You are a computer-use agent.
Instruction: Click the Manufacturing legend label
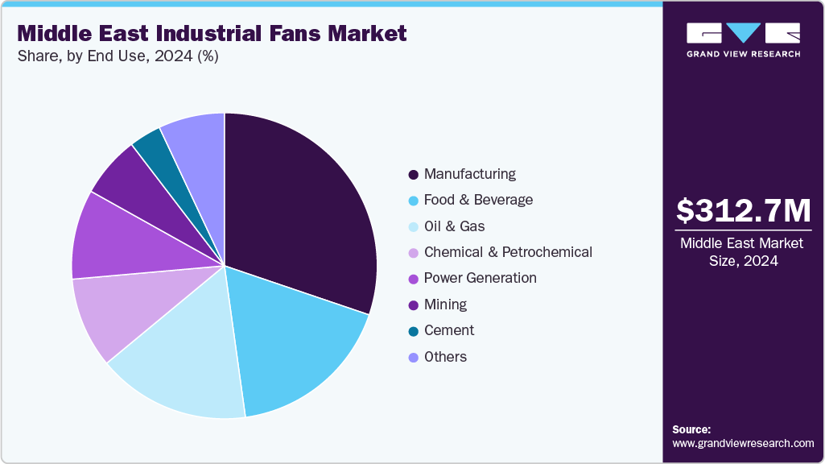[469, 174]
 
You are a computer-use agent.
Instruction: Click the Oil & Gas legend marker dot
[413, 226]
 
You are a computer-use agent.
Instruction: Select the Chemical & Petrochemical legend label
[508, 252]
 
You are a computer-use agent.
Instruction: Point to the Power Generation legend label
[480, 278]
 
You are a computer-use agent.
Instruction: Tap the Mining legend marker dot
[413, 304]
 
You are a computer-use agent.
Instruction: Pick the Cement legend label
[448, 330]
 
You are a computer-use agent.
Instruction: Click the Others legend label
[445, 357]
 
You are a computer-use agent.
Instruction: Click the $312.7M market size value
[743, 210]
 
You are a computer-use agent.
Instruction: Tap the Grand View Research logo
[743, 39]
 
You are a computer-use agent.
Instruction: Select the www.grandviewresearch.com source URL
[743, 444]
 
